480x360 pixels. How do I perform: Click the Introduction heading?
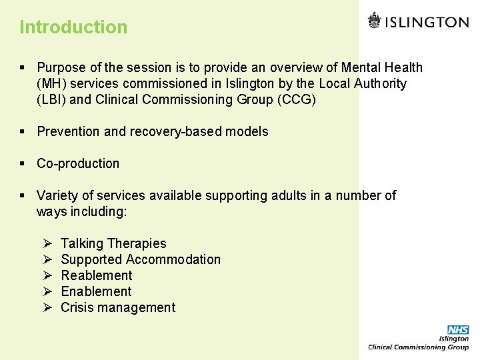pos(73,27)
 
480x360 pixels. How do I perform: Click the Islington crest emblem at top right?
pos(375,21)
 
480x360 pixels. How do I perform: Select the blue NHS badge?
pos(458,330)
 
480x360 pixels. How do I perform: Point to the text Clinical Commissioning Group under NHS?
pos(419,347)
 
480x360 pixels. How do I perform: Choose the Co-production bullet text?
pos(78,163)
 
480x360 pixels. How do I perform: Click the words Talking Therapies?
pos(113,243)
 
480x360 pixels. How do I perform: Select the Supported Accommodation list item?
pos(141,259)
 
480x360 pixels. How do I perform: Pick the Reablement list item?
pos(96,275)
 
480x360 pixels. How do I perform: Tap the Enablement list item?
pos(96,291)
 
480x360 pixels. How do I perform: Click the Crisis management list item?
pos(118,307)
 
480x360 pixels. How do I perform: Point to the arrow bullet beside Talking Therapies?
pos(47,244)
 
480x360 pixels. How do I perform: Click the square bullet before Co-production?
pos(23,164)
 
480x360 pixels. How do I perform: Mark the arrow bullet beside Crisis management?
pos(47,308)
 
